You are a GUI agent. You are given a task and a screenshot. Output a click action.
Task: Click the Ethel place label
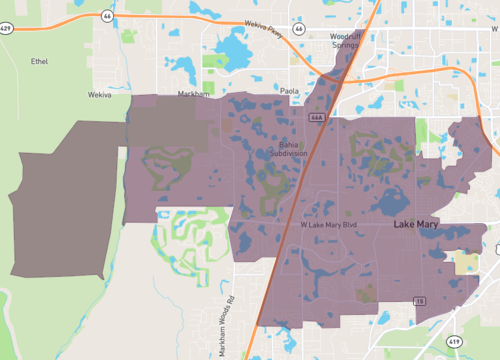click(x=39, y=61)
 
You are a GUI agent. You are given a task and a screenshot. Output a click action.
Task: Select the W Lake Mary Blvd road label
click(x=329, y=225)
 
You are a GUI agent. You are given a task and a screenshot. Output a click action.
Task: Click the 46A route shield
click(x=317, y=118)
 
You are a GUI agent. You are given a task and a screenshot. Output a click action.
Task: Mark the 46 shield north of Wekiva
click(x=106, y=17)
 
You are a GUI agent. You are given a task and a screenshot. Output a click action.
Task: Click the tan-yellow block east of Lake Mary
click(x=466, y=264)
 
